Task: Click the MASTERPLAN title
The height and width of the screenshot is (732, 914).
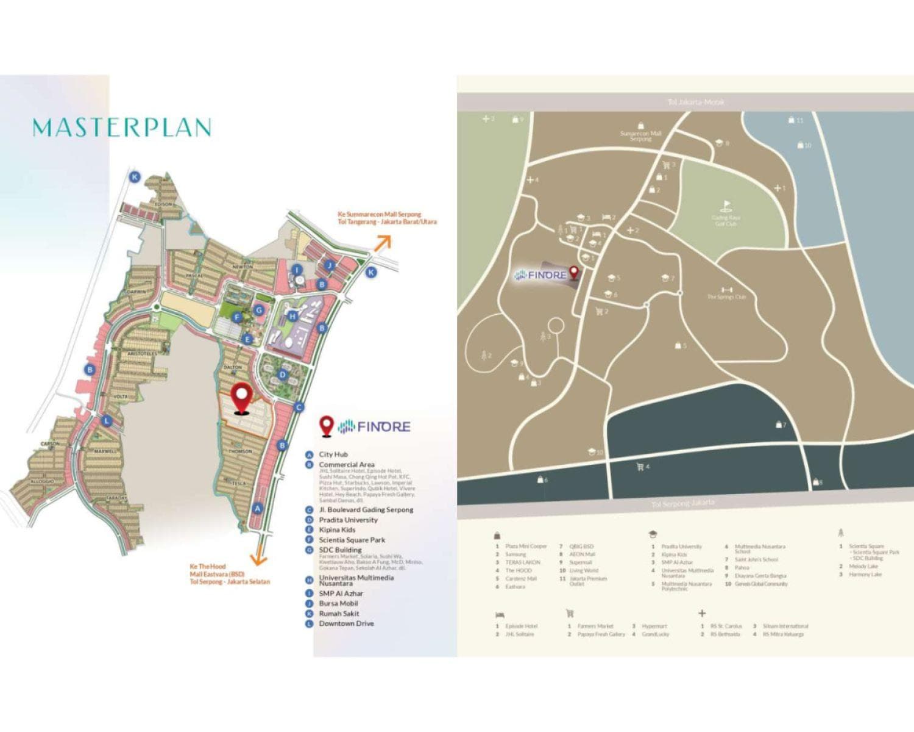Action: pyautogui.click(x=122, y=127)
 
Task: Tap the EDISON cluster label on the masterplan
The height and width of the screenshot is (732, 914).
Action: pyautogui.click(x=163, y=204)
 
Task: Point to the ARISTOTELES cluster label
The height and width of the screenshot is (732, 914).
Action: pyautogui.click(x=142, y=354)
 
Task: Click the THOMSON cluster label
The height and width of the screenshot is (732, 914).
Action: pyautogui.click(x=240, y=451)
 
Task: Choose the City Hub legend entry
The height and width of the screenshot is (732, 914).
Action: pyautogui.click(x=333, y=454)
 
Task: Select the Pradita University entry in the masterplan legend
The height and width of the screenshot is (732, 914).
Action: pyautogui.click(x=348, y=520)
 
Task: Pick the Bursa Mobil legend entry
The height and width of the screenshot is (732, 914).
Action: pyautogui.click(x=338, y=603)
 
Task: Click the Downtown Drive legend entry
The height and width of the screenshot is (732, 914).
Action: pyautogui.click(x=346, y=623)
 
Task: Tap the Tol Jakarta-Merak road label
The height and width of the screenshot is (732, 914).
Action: pyautogui.click(x=696, y=102)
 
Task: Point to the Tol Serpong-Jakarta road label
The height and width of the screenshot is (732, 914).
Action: pyautogui.click(x=682, y=503)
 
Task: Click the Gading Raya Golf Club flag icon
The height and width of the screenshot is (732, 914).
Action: pyautogui.click(x=726, y=206)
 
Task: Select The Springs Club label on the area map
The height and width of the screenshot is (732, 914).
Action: pyautogui.click(x=726, y=297)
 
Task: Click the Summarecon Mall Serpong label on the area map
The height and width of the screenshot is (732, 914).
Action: pyautogui.click(x=640, y=135)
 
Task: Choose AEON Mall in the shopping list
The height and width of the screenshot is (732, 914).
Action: pyautogui.click(x=581, y=554)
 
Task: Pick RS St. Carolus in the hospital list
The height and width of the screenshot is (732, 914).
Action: pyautogui.click(x=726, y=626)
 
